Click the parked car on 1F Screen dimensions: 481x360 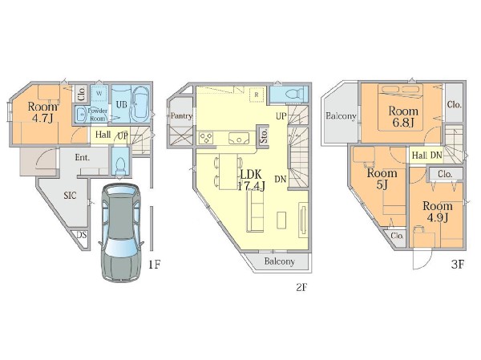click(121, 233)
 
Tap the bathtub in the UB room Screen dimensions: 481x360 click(141, 105)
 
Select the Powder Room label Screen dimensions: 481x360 click(98, 115)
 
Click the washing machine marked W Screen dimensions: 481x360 click(99, 93)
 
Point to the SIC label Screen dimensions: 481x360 click(70, 195)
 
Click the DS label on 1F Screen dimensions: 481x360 click(82, 236)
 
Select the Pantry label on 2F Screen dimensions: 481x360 click(181, 115)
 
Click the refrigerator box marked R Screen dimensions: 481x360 click(257, 95)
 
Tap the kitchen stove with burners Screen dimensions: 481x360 click(207, 137)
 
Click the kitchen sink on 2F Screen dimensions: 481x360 click(239, 138)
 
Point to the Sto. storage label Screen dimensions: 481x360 click(264, 136)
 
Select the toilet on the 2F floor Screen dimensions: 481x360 click(293, 94)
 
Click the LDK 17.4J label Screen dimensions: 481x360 click(252, 180)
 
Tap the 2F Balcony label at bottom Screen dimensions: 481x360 click(280, 261)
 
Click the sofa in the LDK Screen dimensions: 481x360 click(255, 213)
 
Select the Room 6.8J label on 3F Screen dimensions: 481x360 click(403, 116)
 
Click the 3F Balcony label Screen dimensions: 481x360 click(342, 116)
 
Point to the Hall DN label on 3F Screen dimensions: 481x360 click(427, 156)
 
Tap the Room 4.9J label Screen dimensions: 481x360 click(438, 212)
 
